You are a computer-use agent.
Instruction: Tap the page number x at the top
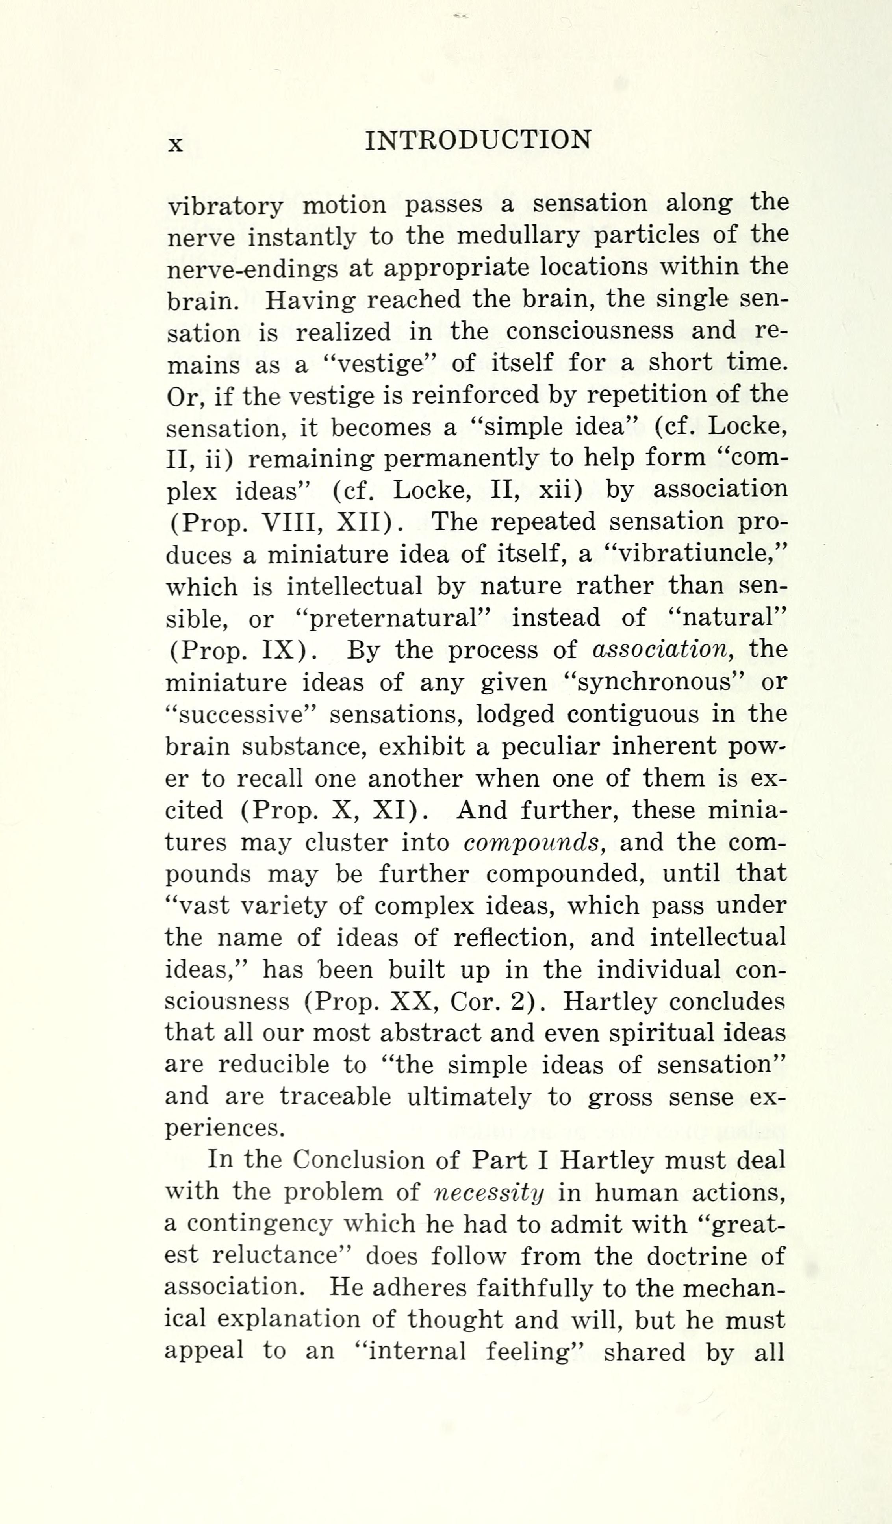(x=175, y=144)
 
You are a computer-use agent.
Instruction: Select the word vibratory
(x=225, y=207)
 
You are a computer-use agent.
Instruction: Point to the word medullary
(x=517, y=235)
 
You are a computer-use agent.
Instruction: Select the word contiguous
(x=632, y=714)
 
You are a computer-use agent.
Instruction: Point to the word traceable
(x=335, y=1097)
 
